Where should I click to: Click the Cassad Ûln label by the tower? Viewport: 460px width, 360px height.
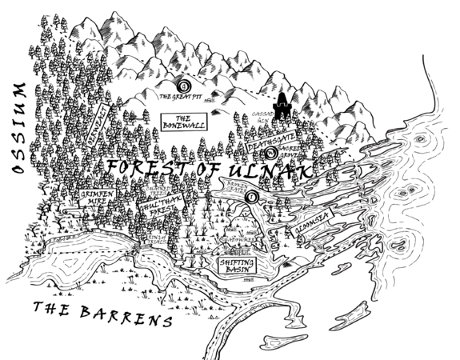pyautogui.click(x=262, y=116)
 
